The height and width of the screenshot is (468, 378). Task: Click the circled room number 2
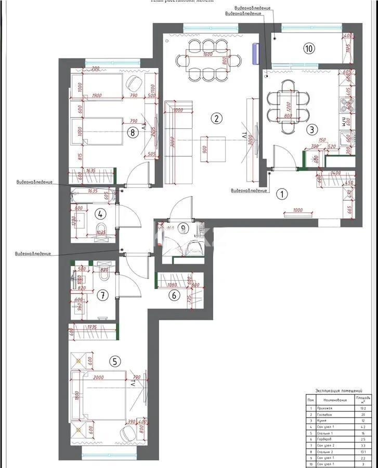(x=216, y=118)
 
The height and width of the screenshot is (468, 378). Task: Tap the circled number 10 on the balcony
(x=309, y=48)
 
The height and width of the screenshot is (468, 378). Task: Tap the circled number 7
(x=102, y=295)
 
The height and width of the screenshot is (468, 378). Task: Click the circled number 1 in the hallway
(x=281, y=194)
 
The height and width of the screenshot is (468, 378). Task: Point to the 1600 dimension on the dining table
(x=207, y=54)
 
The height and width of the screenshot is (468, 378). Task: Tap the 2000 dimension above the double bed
(x=98, y=378)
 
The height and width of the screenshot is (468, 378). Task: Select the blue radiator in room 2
(x=255, y=53)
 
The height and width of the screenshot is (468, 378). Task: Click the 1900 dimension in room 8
(x=97, y=96)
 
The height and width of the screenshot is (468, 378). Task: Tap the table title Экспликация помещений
(x=338, y=391)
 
